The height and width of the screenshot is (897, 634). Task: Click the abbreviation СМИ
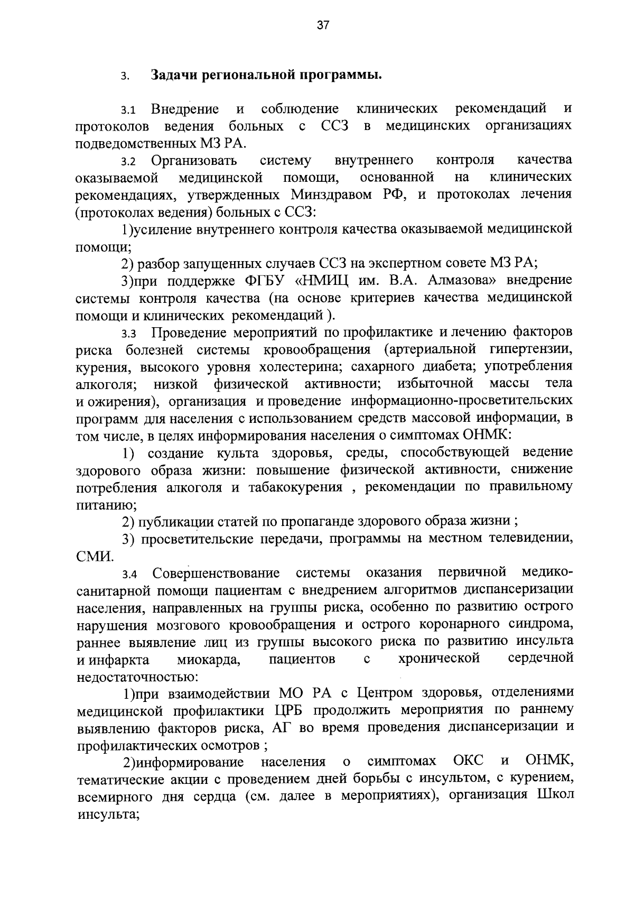[94, 556]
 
